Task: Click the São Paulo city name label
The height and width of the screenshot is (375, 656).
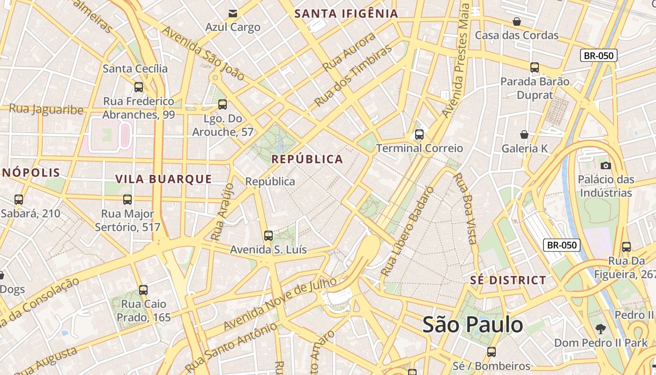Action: coord(472,324)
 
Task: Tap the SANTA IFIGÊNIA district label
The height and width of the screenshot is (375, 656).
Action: coord(346,14)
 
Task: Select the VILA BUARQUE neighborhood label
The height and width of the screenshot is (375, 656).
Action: coord(164,179)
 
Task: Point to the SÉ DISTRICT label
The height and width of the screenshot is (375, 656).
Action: coord(508,280)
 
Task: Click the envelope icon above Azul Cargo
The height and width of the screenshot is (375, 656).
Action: coord(232,13)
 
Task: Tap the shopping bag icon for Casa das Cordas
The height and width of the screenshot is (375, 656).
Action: coord(516,22)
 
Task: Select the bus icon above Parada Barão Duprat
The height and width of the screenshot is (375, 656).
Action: coord(535,67)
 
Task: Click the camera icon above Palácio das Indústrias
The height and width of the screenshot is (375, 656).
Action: coord(605,165)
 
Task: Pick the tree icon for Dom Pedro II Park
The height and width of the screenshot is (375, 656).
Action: coord(600,329)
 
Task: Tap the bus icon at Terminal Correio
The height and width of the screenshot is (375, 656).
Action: coord(419,135)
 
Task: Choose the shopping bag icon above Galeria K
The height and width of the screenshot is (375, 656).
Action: coord(524,135)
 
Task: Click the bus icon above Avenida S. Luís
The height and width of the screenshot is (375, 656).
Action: coord(268,236)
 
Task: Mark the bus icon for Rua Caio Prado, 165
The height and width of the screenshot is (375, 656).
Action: coord(143,290)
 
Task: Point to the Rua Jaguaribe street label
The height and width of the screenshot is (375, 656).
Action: coord(46,110)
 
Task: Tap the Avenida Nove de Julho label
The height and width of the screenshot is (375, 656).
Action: coord(280,303)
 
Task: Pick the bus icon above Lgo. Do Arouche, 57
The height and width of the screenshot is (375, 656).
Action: coord(223,105)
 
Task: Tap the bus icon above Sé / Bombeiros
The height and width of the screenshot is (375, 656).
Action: coord(491,352)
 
